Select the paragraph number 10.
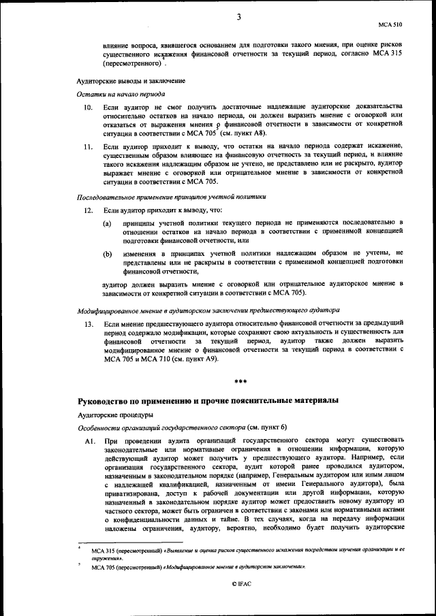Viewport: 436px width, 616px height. (89, 108)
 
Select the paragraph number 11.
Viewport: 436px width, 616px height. (89, 146)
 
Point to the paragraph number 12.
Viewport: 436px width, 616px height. (89, 210)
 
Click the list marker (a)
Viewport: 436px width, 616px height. (107, 223)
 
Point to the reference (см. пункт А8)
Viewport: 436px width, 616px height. (246, 133)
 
